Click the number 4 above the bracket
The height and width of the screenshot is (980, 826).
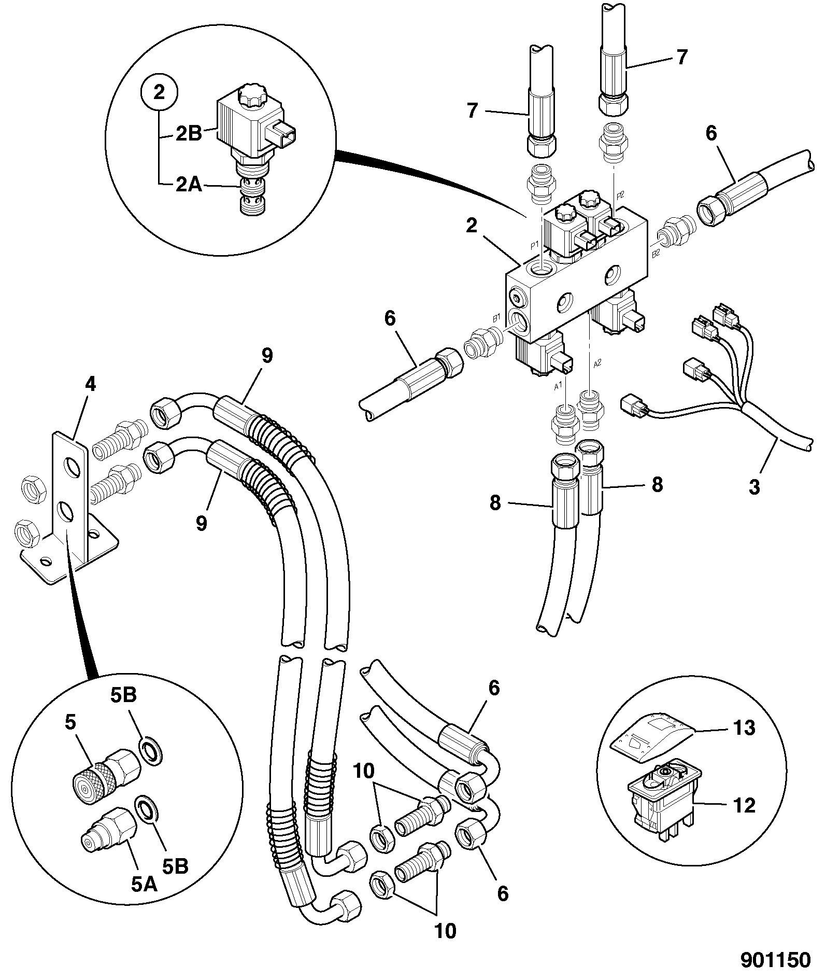tap(90, 385)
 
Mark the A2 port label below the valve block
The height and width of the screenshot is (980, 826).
tap(596, 363)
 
